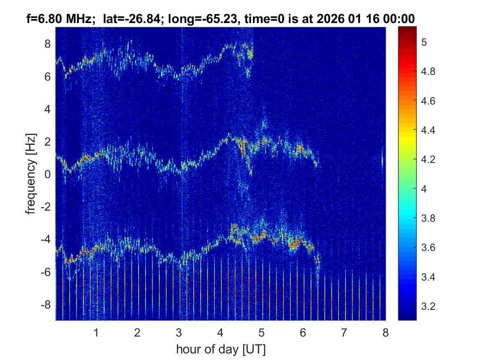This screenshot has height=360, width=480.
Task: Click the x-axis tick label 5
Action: [x=262, y=332]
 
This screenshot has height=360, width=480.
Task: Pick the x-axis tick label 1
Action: [x=96, y=332]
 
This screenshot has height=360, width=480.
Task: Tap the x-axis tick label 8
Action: [x=385, y=332]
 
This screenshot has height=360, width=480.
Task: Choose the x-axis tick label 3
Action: [x=179, y=332]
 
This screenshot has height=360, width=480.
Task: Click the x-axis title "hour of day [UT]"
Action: [x=220, y=350]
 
